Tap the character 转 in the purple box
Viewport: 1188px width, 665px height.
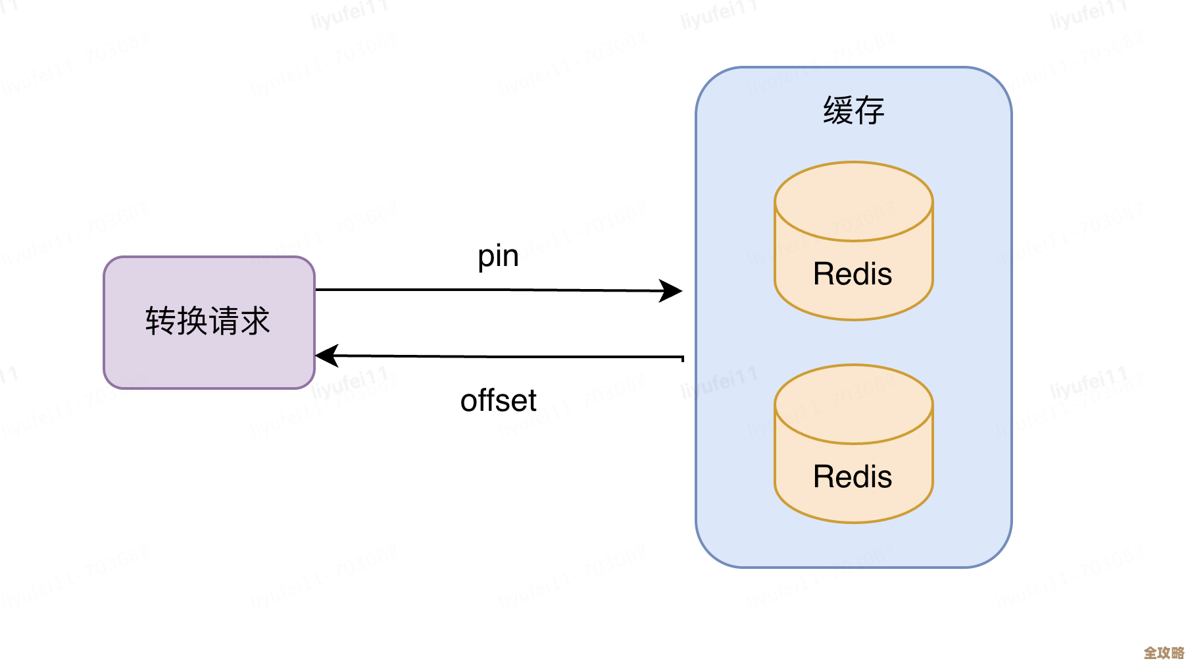click(161, 321)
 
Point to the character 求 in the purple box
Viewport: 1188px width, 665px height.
click(255, 321)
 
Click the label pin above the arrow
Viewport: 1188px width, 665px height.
click(498, 257)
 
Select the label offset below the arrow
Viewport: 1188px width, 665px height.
click(498, 400)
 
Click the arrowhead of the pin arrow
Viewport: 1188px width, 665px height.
click(672, 290)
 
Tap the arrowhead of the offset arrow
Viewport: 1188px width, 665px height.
click(326, 356)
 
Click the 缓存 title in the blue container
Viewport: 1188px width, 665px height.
click(853, 111)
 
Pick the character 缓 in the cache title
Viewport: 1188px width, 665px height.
click(838, 111)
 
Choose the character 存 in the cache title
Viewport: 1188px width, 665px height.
click(870, 111)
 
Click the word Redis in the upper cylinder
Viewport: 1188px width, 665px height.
click(853, 274)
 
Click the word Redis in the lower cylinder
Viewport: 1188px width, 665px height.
click(853, 477)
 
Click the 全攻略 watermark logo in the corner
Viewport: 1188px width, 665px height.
click(1163, 652)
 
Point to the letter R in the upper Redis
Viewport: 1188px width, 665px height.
click(824, 274)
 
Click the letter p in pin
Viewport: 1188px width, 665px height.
click(485, 258)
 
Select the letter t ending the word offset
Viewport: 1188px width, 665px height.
click(532, 401)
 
